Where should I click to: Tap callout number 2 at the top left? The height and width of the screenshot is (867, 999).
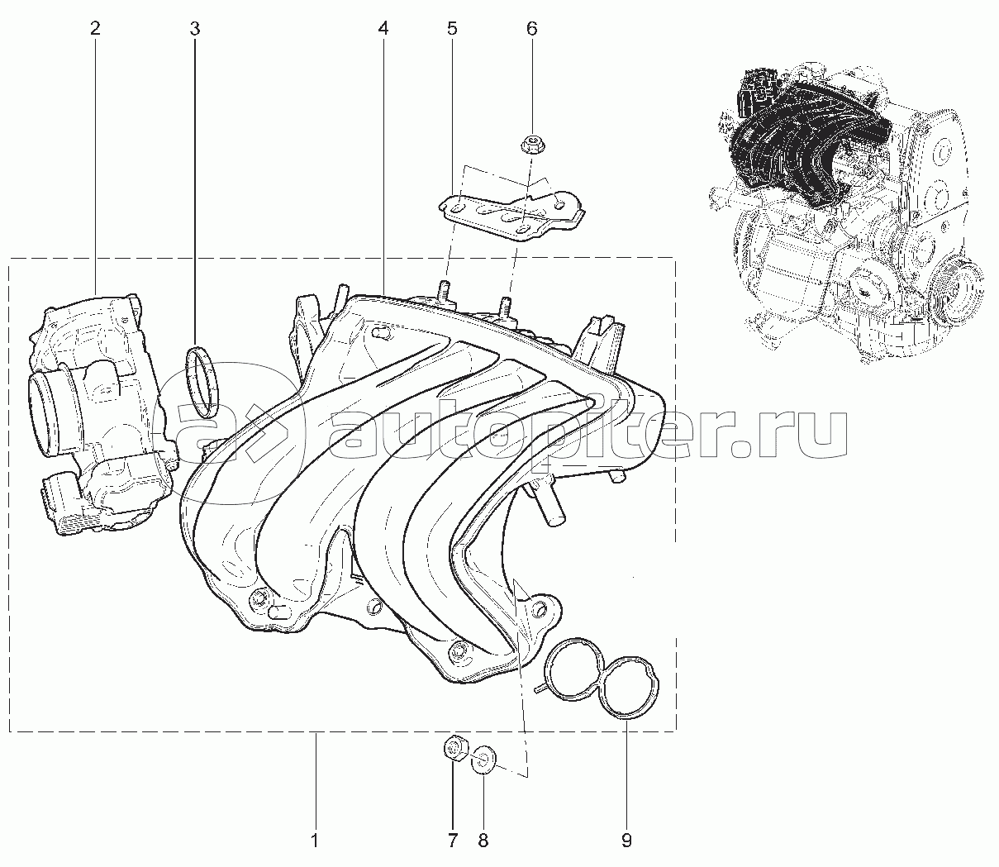coord(95,28)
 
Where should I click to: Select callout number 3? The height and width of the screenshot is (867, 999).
coord(195,28)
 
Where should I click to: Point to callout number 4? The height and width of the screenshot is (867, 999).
coord(383,28)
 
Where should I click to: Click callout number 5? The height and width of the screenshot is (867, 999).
coord(452,28)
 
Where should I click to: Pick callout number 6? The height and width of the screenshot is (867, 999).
coord(532,28)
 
